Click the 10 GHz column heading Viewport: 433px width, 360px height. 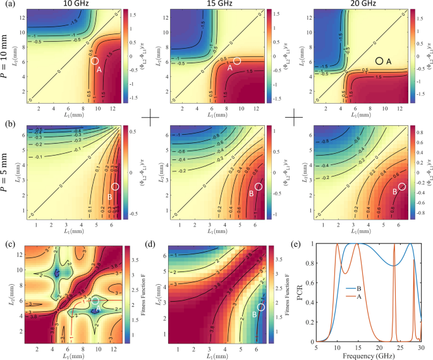[66, 4]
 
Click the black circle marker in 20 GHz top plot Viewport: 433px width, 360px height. [379, 60]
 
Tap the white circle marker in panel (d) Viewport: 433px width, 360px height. [262, 307]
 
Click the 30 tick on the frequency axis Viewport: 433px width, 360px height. [420, 349]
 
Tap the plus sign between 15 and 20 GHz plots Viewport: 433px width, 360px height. [296, 117]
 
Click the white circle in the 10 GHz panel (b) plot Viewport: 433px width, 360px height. [114, 187]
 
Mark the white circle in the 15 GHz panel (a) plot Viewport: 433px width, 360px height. [238, 61]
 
